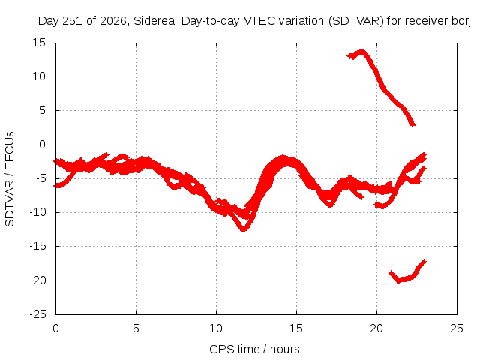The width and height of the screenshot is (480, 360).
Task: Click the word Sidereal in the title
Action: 155,21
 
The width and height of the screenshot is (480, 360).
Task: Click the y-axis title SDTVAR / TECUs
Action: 10,179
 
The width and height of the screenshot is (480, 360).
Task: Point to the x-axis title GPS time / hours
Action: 254,349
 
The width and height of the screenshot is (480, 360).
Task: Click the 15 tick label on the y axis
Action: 39,43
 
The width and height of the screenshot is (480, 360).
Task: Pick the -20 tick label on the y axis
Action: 37,280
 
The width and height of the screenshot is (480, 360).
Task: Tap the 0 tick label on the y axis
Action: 42,145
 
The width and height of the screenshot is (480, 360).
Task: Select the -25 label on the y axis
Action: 37,314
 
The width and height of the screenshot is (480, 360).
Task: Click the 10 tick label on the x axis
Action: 216,328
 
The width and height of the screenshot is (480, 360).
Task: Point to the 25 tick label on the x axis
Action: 457,328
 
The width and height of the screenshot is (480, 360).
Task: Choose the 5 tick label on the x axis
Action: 136,328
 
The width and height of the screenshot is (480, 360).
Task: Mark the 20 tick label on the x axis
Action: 376,328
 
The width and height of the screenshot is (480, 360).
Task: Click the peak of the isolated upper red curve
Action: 362,52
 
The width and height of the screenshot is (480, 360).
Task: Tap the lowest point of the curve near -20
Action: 398,280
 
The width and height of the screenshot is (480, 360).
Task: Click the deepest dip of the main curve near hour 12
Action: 243,229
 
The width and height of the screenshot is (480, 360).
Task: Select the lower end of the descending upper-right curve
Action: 413,125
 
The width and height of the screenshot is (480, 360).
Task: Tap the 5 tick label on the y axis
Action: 42,110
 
